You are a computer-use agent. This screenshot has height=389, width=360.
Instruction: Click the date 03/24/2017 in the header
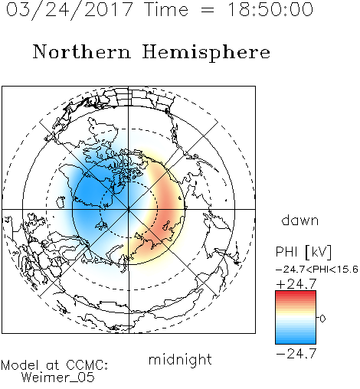69,9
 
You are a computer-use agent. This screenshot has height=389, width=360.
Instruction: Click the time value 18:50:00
270,9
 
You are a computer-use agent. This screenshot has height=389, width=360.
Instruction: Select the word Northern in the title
82,51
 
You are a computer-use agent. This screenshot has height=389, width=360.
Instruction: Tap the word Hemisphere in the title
206,53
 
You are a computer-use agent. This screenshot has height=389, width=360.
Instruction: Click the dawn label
300,220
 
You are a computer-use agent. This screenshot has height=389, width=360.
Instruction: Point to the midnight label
180,359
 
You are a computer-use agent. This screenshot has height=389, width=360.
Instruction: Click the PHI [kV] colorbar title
304,252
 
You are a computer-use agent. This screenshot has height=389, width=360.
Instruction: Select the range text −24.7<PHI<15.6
317,270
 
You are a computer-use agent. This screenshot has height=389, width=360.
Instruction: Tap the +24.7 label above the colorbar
296,284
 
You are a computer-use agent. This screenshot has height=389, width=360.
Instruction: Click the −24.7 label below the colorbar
296,354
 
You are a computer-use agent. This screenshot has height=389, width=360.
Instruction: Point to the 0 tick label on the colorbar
322,319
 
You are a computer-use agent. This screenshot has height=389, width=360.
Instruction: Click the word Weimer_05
58,377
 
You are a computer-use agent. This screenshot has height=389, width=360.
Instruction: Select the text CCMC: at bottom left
87,365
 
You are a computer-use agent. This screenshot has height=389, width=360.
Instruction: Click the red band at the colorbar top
296,294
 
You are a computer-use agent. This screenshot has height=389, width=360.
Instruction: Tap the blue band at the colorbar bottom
296,341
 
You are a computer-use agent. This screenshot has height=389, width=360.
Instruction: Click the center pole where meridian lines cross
129,210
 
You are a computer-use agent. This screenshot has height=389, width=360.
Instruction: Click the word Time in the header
166,9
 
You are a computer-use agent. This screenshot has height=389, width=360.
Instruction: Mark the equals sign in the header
208,10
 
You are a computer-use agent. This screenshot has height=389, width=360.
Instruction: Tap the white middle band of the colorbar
296,318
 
